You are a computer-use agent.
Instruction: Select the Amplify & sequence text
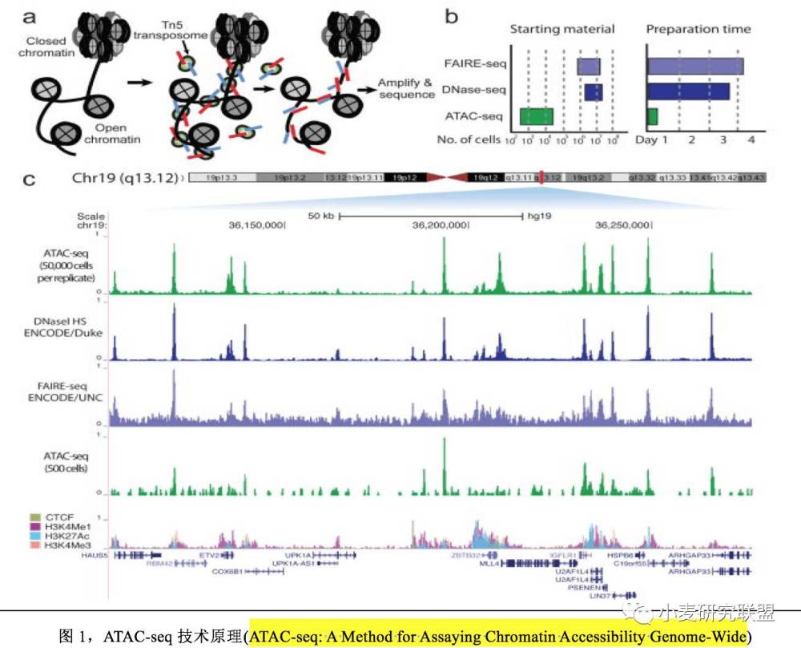click(x=406, y=89)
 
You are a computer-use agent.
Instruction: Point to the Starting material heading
click(x=562, y=30)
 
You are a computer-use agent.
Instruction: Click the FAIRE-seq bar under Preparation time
click(x=695, y=66)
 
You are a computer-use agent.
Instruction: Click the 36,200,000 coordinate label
click(x=439, y=226)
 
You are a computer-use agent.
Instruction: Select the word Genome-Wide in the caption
click(x=707, y=637)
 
